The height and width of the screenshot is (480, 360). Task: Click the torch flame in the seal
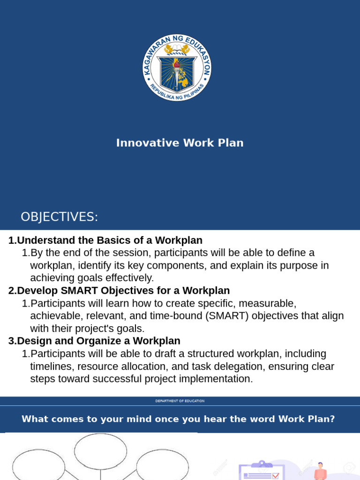tap(177, 63)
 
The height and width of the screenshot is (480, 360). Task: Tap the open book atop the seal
tap(177, 48)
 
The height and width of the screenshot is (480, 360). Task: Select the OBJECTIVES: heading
tap(59, 217)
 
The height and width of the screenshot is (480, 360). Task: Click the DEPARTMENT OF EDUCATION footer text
tap(180, 401)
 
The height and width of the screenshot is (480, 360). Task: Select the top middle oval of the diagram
tap(100, 451)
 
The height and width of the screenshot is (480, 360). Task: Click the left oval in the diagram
tap(38, 467)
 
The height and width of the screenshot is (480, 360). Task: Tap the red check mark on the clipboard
tap(275, 476)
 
